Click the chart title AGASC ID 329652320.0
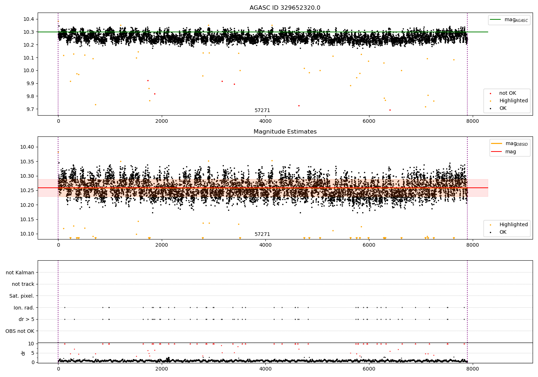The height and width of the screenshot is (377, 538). (285, 8)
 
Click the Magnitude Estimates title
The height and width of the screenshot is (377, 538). (285, 132)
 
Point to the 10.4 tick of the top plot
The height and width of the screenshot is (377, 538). (29, 19)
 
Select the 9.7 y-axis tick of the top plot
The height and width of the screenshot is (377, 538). (30, 109)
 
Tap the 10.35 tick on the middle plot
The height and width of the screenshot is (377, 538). (27, 162)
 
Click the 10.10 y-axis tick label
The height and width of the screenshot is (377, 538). (27, 234)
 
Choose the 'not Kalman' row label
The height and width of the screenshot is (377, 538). (20, 273)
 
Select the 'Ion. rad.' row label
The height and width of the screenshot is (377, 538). (24, 308)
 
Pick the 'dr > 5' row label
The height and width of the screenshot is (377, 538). (26, 319)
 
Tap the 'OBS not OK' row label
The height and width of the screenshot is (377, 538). (20, 331)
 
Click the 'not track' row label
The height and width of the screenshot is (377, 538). (23, 284)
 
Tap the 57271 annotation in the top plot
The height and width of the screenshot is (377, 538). (262, 111)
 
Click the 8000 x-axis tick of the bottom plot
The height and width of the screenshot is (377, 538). (472, 368)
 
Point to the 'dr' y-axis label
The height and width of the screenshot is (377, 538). (23, 353)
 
